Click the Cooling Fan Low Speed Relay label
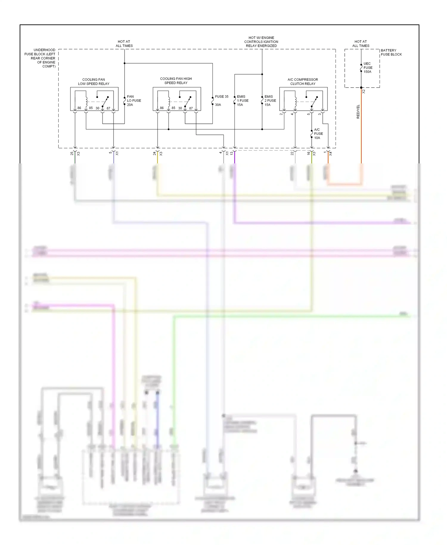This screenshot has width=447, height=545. click(x=94, y=82)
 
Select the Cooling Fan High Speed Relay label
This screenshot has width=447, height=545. click(x=176, y=81)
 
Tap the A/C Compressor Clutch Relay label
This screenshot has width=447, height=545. click(x=303, y=82)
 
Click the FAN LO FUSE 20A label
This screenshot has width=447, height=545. click(x=134, y=101)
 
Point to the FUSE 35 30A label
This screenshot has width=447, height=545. click(x=221, y=100)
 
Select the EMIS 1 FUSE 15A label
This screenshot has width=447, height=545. click(x=242, y=101)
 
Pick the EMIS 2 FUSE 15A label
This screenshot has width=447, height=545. click(x=270, y=101)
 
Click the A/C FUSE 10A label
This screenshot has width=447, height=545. click(x=318, y=134)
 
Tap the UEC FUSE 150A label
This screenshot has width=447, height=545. click(x=368, y=68)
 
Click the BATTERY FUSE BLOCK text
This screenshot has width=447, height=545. click(x=391, y=52)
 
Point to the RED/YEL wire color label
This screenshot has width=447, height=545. click(x=358, y=112)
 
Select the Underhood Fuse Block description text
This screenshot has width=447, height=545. click(x=41, y=58)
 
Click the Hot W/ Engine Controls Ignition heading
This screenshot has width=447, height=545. click(x=261, y=42)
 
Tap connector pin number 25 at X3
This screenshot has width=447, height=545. click(x=72, y=154)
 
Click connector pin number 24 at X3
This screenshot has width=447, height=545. click(x=154, y=154)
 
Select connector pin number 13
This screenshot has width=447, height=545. click(x=232, y=154)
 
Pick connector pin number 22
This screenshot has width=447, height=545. click(x=292, y=154)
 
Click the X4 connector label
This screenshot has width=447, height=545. click(x=330, y=154)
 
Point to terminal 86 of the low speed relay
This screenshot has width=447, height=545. click(x=79, y=108)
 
